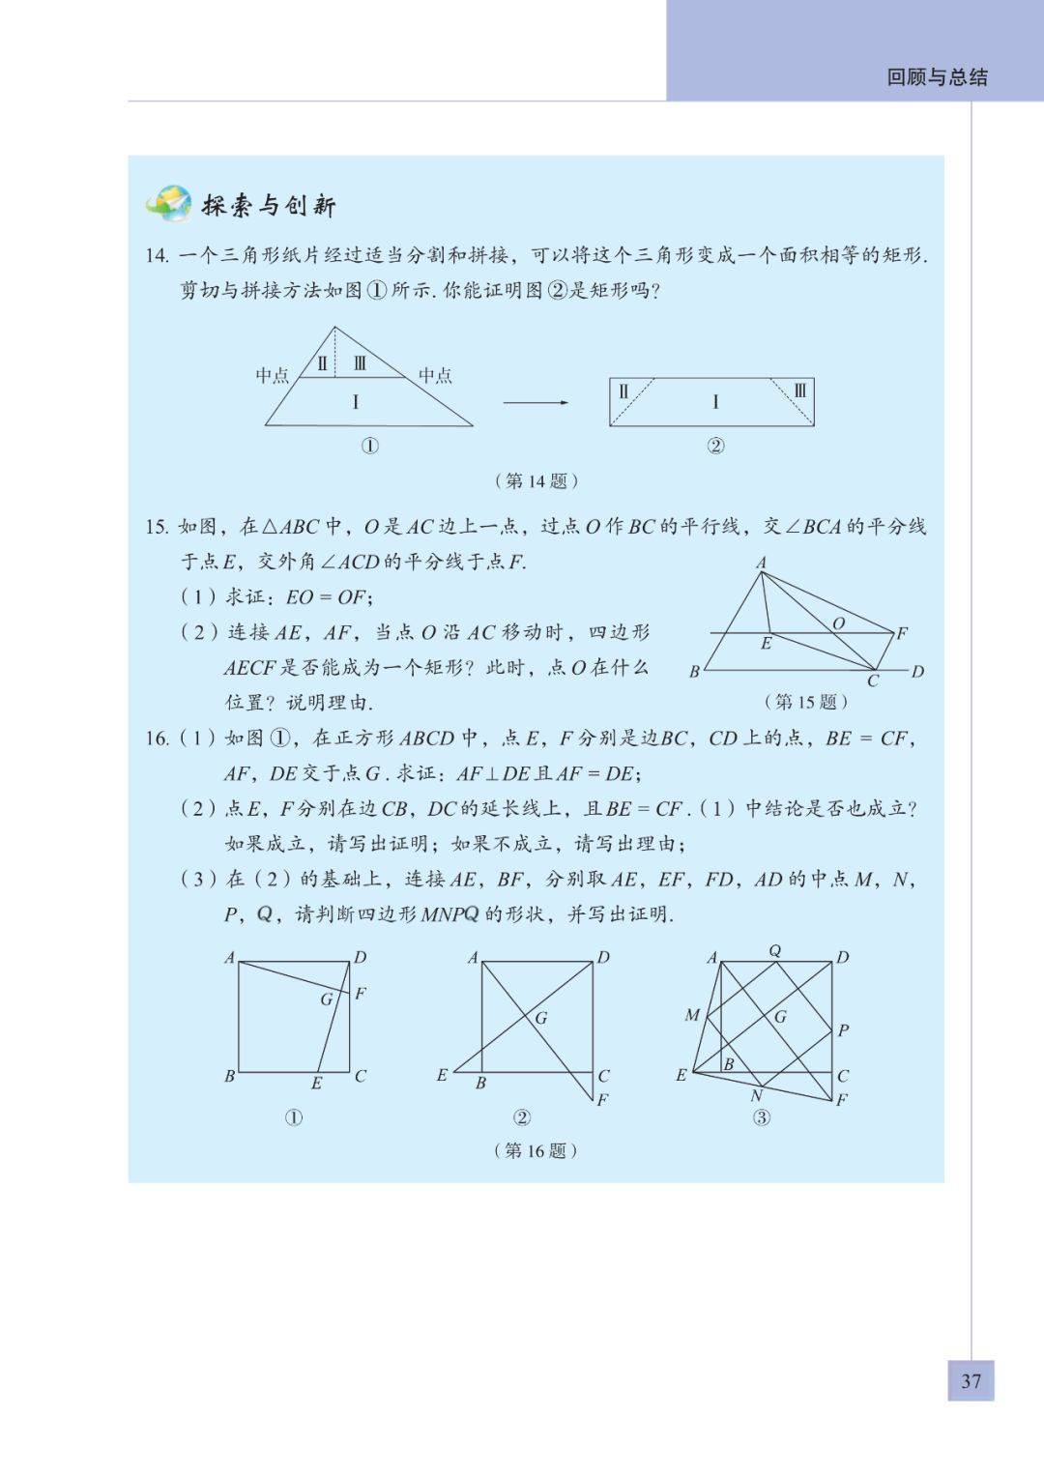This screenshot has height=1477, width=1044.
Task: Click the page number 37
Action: coord(971,1380)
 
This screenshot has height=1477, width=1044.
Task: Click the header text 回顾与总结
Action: coord(937,77)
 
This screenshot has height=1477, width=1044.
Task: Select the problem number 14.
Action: coord(157,256)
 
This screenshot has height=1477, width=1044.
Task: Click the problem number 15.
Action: coord(157,527)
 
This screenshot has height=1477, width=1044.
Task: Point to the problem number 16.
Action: coord(157,738)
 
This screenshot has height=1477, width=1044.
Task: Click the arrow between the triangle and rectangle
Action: coord(536,402)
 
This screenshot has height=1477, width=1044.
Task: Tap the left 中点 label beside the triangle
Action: coord(272,375)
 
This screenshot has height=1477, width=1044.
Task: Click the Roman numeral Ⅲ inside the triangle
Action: coord(361,364)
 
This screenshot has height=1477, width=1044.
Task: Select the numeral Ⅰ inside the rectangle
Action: coord(715,402)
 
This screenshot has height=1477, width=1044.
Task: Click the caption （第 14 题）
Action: coord(536,480)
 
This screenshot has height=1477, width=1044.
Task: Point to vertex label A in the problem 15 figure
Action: coord(761,563)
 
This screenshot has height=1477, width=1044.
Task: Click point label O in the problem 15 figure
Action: coord(838,623)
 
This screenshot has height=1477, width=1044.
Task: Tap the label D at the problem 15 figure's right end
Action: coord(917,672)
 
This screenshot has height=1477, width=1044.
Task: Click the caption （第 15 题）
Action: coord(805,702)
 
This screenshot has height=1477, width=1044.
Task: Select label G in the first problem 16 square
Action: coord(327,999)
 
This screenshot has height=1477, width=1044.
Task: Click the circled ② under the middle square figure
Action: coord(522,1117)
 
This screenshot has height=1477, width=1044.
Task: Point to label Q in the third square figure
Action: coord(774,951)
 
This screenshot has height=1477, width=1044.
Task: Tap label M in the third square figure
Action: coord(692,1015)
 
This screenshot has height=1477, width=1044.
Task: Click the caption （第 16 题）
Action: coord(536,1150)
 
